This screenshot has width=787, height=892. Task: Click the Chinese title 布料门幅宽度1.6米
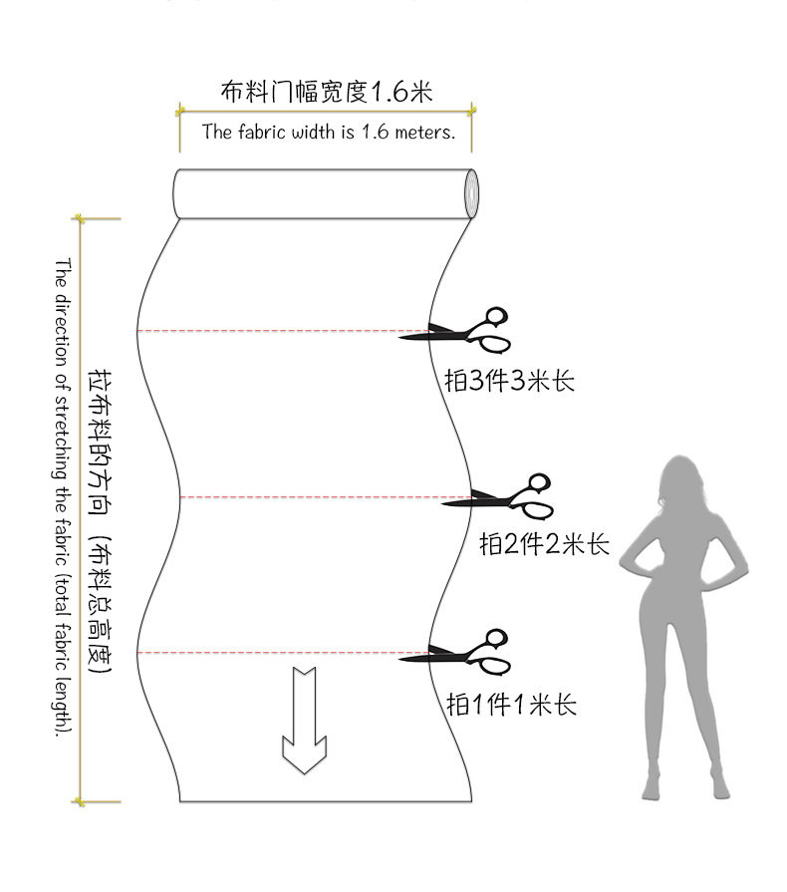coord(326,93)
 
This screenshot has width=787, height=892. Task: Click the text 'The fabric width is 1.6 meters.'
coord(328,132)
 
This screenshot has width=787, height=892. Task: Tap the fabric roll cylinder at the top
coord(319,194)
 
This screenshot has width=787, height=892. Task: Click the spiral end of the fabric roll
coord(470,194)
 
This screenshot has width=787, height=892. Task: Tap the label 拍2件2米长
coord(544,544)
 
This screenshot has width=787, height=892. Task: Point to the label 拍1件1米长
coord(511,705)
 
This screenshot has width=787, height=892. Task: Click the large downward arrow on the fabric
coord(305,720)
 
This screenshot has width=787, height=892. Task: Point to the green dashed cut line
coord(279,330)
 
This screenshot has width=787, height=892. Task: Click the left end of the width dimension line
coord(180,110)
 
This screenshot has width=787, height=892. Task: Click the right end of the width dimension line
coord(471,110)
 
